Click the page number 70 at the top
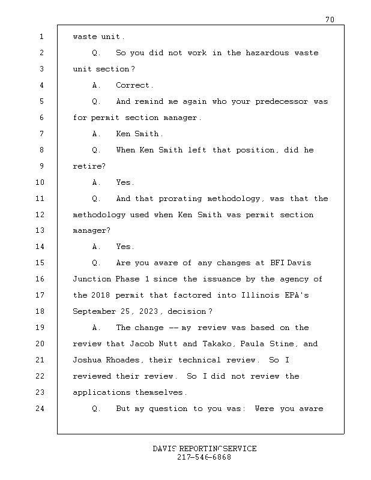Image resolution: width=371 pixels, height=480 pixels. [330, 20]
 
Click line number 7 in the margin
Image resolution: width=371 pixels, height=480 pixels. [41, 134]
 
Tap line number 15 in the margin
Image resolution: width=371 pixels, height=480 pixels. [41, 263]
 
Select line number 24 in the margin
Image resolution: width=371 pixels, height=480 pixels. [41, 409]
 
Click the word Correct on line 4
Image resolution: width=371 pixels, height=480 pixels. [134, 85]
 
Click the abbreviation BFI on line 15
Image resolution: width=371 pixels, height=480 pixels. [276, 263]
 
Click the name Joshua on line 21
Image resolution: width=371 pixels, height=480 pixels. [87, 360]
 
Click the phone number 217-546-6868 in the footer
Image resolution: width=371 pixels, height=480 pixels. [204, 457]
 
